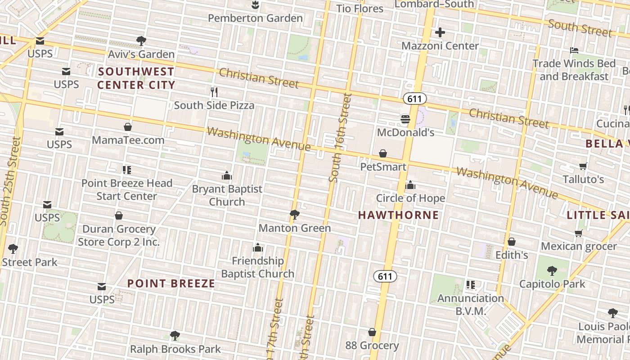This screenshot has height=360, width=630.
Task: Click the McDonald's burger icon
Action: click(405, 119)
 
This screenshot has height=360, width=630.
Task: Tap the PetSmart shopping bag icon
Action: click(383, 154)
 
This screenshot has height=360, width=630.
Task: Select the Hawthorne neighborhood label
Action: click(398, 215)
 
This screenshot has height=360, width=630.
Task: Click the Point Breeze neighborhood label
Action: click(171, 283)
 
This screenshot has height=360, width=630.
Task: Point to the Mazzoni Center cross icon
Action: click(440, 32)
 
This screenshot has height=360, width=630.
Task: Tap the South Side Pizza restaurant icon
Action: click(214, 92)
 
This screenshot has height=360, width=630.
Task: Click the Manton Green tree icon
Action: click(295, 215)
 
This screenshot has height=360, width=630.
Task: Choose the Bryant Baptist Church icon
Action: click(227, 175)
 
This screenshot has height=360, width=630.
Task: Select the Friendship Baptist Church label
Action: click(257, 267)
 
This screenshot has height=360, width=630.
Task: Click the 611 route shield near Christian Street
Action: click(414, 98)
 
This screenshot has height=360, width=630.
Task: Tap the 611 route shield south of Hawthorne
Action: click(385, 276)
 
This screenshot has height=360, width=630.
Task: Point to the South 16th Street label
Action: click(340, 137)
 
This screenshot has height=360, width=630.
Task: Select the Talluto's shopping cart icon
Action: click(583, 166)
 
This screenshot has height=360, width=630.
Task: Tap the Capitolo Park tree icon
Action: click(552, 270)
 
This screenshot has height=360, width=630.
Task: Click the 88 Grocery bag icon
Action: click(372, 332)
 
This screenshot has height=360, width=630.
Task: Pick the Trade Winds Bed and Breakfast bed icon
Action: click(574, 50)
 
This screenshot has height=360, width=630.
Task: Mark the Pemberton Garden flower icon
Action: click(255, 5)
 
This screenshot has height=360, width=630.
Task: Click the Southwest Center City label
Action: click(136, 78)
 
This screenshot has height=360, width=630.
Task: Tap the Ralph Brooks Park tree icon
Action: click(175, 335)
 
